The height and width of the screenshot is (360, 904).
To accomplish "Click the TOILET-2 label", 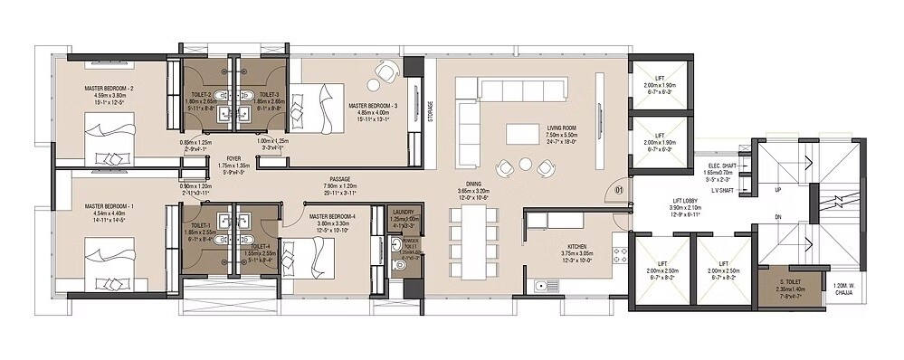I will (x=201, y=93).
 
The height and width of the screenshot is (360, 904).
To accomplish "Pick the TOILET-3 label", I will (x=267, y=93).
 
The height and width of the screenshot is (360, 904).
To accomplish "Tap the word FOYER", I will (x=233, y=157).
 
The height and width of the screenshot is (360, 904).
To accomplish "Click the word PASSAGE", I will (x=340, y=179).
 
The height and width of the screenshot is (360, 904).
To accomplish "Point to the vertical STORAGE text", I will (x=432, y=109).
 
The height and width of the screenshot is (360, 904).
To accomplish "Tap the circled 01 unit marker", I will (x=619, y=191).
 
